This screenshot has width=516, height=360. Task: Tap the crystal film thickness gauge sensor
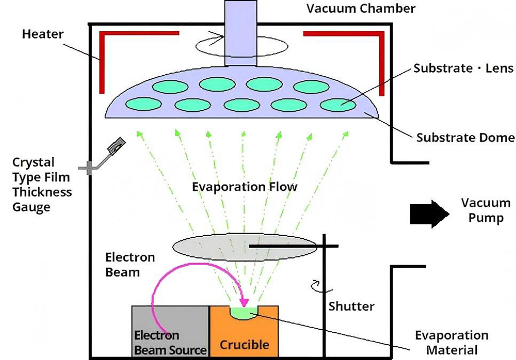[x=117, y=146]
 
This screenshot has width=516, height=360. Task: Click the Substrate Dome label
[x=465, y=137]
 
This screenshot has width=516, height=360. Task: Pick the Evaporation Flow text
[x=245, y=186]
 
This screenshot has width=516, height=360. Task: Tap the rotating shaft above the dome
[x=241, y=34]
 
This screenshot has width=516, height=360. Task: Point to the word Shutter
[x=351, y=306]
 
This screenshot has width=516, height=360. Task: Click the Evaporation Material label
[x=451, y=342]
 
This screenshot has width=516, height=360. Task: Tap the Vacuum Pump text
[x=486, y=210]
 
